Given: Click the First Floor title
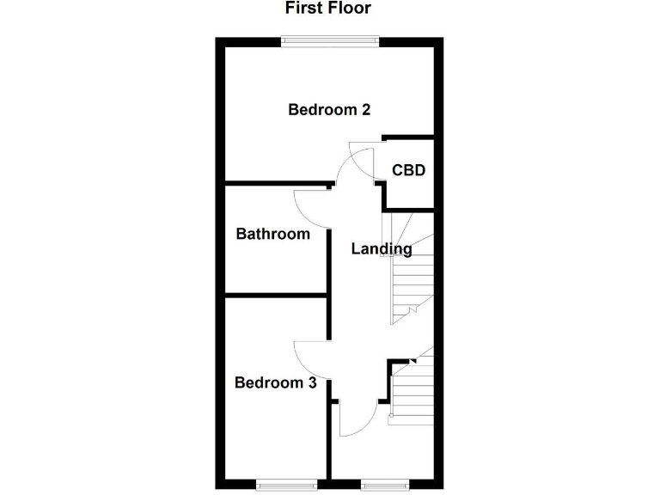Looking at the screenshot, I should coord(329,9).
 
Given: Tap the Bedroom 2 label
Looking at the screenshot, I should coord(329,110).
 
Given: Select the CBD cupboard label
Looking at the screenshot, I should coord(409,170).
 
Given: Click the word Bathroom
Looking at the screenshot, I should coord(272,234).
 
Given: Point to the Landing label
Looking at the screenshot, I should coord(382,249).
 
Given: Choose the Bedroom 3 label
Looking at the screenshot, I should coord(276,382).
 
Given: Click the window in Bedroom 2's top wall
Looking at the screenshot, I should coord(330,39).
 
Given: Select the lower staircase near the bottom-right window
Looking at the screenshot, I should coord(411,391).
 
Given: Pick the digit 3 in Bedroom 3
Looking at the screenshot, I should coord(311,382).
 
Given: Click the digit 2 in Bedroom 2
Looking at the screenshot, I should coord(365,110).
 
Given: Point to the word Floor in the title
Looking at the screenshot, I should coord(348,9).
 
